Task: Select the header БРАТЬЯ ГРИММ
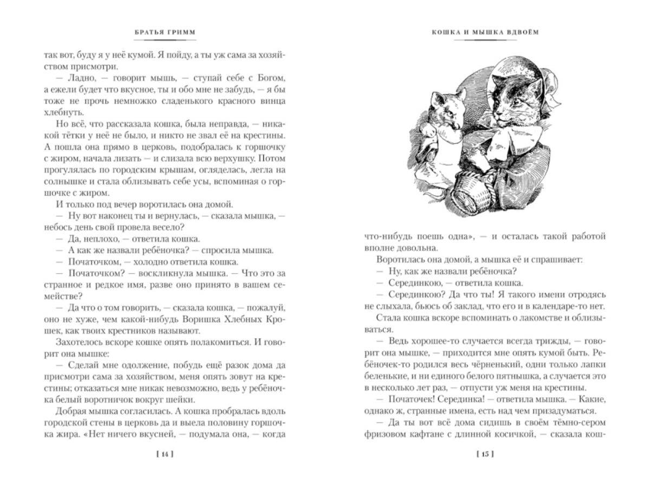(x=164, y=32)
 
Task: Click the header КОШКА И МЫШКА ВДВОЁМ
(x=485, y=32)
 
